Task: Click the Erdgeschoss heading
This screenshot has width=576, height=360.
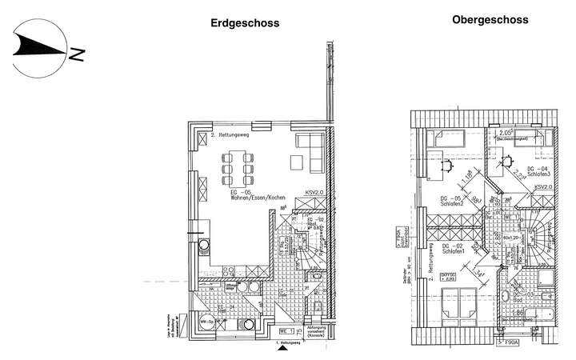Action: coord(245,23)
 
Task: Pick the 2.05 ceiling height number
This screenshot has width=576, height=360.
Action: coord(506,133)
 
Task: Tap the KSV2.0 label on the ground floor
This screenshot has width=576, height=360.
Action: coord(315,193)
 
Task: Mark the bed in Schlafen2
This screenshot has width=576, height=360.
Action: coord(438,138)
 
